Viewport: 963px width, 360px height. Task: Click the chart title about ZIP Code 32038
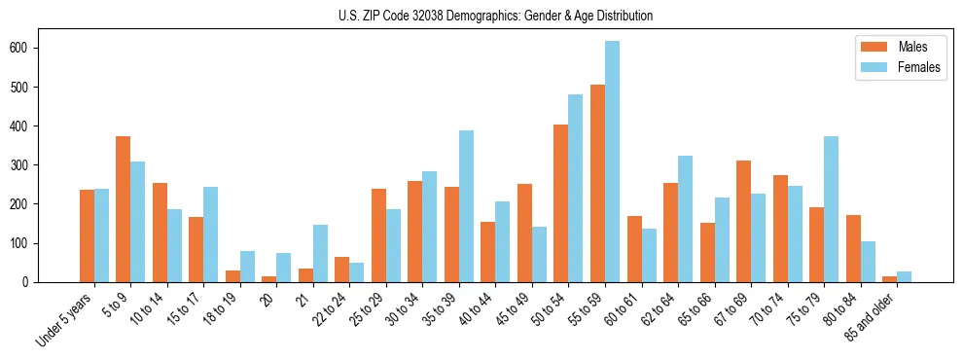pyautogui.click(x=481, y=16)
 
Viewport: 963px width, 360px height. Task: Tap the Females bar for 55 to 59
pyautogui.click(x=612, y=162)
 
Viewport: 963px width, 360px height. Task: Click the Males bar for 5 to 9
pyautogui.click(x=124, y=209)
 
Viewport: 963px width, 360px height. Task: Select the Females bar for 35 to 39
pyautogui.click(x=466, y=206)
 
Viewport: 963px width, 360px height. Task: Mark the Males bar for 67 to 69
pyautogui.click(x=743, y=221)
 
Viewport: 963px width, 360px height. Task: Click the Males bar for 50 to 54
pyautogui.click(x=561, y=203)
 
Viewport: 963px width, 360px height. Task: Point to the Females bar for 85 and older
pyautogui.click(x=904, y=276)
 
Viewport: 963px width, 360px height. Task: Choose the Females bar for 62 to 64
pyautogui.click(x=685, y=219)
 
